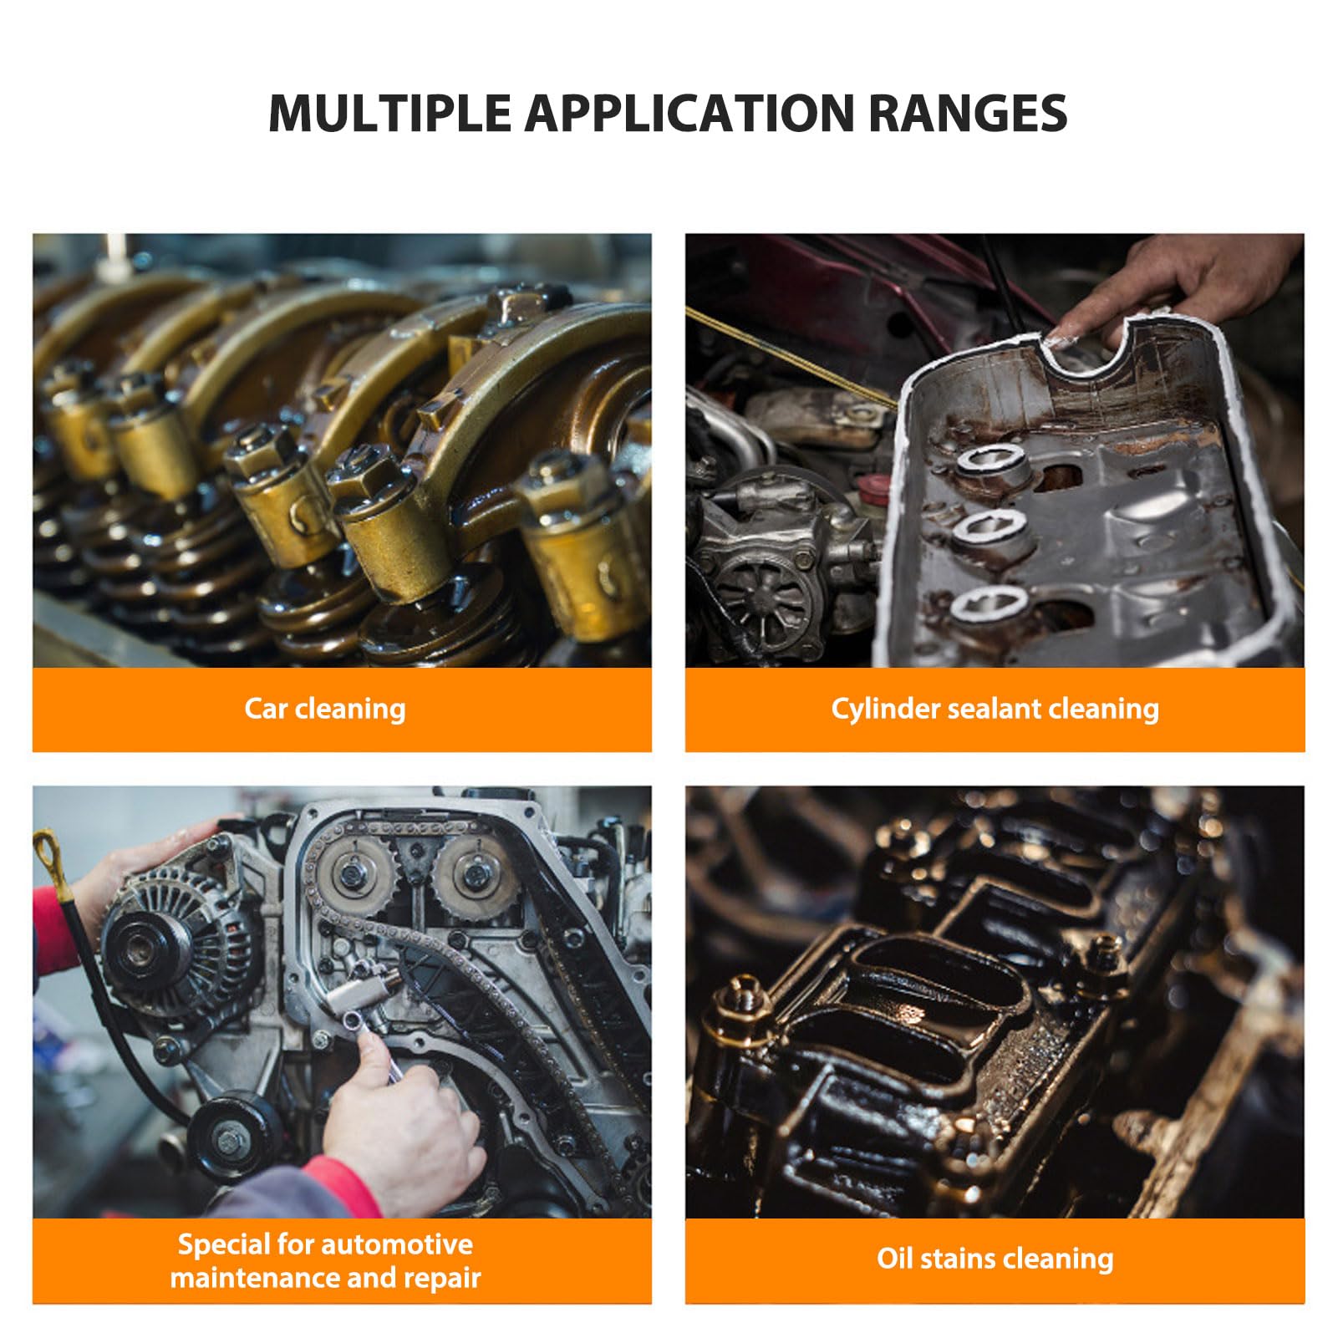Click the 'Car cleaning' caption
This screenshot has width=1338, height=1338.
(x=325, y=709)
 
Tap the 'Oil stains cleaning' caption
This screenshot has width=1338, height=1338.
(x=995, y=1259)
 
